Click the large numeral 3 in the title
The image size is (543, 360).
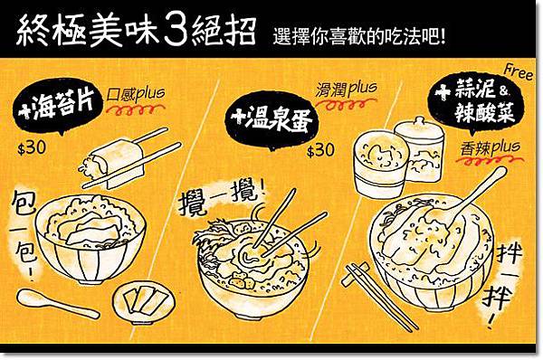[x=176, y=31]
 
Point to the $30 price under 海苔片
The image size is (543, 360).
[x=32, y=148]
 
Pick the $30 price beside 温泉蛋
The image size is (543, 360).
[x=320, y=150]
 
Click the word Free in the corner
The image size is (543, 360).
[x=519, y=71]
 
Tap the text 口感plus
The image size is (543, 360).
[x=136, y=94]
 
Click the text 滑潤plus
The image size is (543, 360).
[x=346, y=89]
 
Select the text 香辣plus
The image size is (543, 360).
[x=490, y=148]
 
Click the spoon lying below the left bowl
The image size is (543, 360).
[x=58, y=303]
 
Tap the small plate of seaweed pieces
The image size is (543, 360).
[x=144, y=302]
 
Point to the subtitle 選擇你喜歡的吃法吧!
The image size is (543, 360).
[x=358, y=36]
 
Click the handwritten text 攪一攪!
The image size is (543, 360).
[x=222, y=197]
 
